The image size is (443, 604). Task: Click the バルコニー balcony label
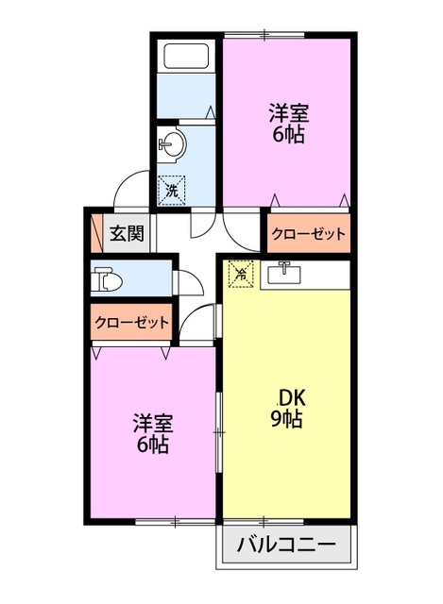coord(285,544)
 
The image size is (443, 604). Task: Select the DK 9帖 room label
coord(285,408)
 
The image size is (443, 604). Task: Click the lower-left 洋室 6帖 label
coord(150,433)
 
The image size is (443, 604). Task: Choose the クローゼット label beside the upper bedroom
coord(309,234)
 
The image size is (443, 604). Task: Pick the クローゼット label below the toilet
coord(132,322)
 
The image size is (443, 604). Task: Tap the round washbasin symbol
coord(174,143)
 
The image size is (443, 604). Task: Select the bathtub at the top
coord(187,57)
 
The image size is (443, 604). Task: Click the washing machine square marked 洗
coord(171,190)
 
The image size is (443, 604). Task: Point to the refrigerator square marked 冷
coord(242,275)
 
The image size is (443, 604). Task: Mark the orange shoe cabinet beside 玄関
coord(95,232)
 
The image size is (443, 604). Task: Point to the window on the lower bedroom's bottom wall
coord(175,520)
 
